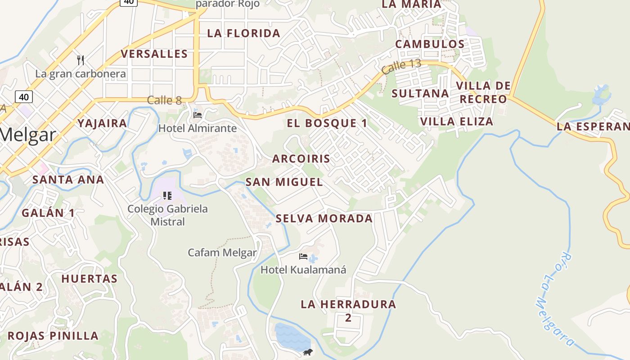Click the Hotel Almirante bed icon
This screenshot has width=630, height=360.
click(198, 115)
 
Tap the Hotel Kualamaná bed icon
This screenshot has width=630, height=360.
click(303, 256)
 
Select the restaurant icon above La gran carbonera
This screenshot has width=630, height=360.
click(81, 60)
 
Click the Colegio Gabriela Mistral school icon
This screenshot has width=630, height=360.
click(167, 195)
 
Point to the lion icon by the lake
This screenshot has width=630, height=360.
click(308, 352)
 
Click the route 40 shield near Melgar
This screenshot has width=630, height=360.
click(24, 97)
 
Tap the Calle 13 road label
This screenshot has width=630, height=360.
click(401, 66)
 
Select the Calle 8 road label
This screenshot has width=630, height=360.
click(164, 100)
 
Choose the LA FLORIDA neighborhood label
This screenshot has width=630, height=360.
click(243, 33)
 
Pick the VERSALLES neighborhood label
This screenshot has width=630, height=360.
click(154, 54)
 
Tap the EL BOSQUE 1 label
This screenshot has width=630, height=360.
click(327, 123)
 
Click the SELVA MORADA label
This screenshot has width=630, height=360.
click(324, 219)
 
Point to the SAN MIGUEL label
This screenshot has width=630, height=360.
click(284, 182)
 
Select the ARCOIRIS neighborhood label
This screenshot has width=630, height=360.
click(301, 158)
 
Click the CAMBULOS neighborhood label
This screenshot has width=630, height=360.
click(430, 44)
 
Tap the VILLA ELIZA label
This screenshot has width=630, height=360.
click(456, 121)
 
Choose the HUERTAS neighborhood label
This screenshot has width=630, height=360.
click(90, 279)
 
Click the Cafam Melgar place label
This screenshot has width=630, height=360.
click(222, 252)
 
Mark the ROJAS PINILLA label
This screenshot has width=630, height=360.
click(53, 336)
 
